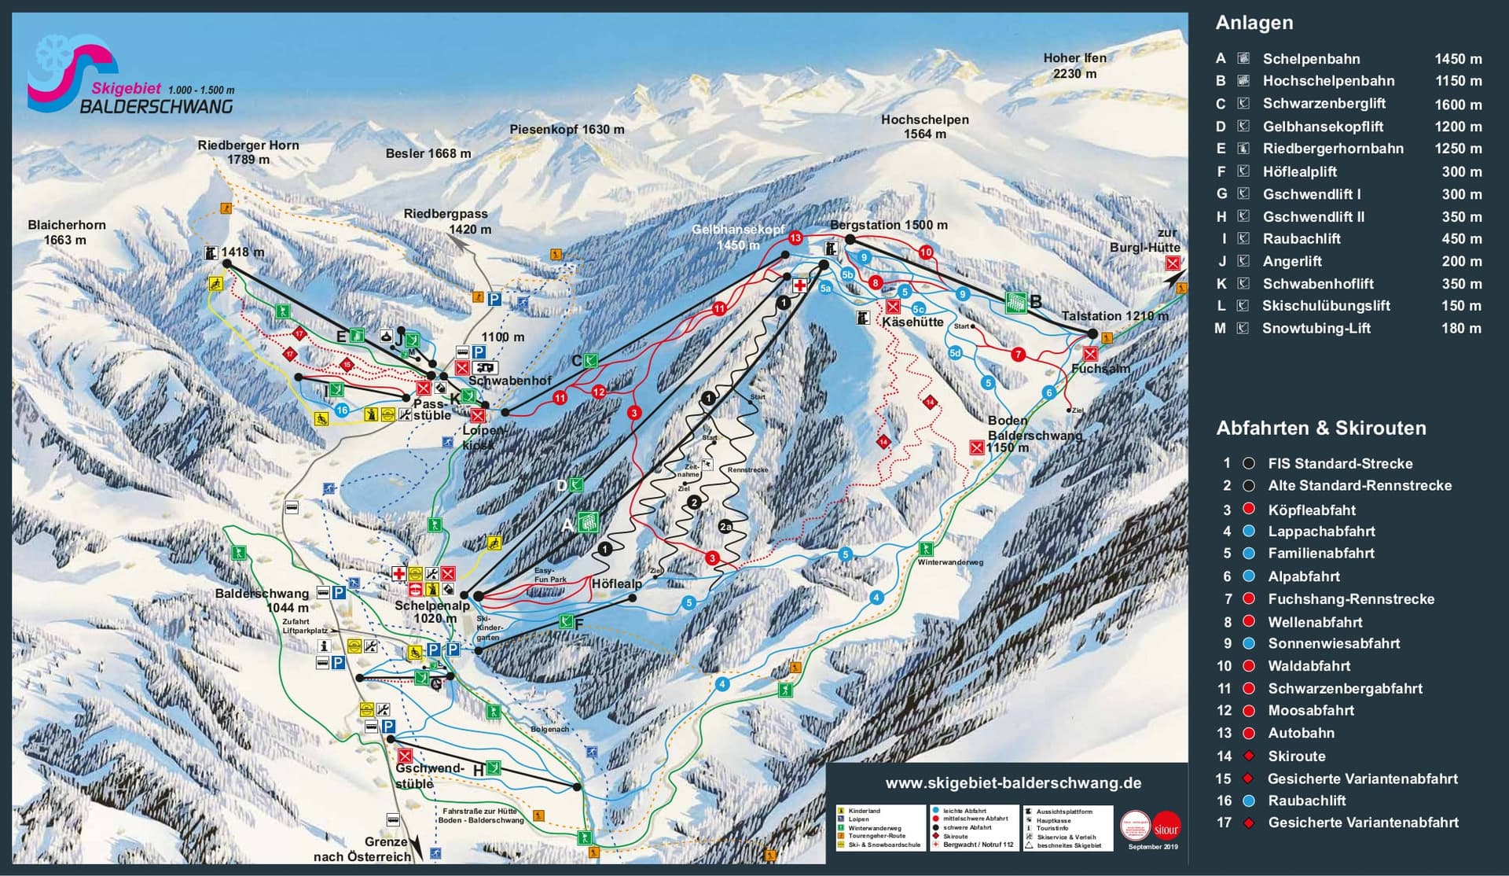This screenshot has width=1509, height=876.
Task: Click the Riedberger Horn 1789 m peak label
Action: [248, 153]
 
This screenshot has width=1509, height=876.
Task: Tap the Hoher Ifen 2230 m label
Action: [1074, 65]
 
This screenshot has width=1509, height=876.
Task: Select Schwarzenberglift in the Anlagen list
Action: [1324, 103]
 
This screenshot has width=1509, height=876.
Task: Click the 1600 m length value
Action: [1458, 104]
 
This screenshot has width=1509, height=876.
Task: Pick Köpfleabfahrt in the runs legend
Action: [1311, 510]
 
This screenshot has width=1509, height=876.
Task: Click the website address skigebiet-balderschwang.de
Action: [1013, 783]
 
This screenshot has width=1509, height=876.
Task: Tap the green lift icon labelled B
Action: [1015, 302]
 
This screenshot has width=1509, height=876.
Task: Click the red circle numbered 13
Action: [795, 237]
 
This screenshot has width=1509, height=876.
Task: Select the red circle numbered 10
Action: [926, 252]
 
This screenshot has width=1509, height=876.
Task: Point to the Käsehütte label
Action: [912, 322]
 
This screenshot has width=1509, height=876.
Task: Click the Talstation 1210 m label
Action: [1114, 316]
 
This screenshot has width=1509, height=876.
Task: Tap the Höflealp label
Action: [617, 583]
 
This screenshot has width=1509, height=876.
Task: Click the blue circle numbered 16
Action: [341, 410]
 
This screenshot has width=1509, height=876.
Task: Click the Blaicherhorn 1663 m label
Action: [66, 232]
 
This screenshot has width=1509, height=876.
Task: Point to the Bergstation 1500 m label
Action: [888, 225]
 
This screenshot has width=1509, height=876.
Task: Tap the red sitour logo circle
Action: [1166, 826]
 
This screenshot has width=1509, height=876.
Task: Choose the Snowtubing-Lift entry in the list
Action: [1316, 329]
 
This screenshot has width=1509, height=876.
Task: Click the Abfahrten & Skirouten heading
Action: [1320, 429]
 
